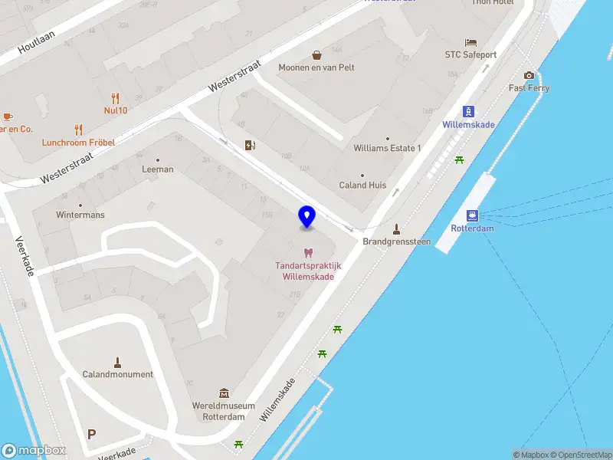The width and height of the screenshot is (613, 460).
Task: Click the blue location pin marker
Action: click(x=306, y=217)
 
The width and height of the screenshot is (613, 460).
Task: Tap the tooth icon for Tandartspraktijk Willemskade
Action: click(x=308, y=252)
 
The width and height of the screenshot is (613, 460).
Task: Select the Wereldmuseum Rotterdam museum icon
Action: click(x=224, y=393)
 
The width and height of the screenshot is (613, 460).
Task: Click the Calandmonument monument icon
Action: click(x=118, y=362)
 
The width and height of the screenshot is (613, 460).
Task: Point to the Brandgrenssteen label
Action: click(x=396, y=242)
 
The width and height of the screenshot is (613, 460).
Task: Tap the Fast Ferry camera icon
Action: click(x=529, y=75)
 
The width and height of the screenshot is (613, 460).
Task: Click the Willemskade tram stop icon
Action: click(x=468, y=111)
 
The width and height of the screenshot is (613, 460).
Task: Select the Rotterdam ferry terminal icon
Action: click(x=472, y=215)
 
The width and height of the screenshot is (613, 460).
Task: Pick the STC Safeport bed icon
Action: click(x=470, y=42)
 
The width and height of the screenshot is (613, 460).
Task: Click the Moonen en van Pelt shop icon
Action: click(x=316, y=55)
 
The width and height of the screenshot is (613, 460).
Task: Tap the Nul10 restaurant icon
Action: click(x=115, y=97)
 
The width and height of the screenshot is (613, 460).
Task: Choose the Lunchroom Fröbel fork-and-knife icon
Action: click(x=78, y=130)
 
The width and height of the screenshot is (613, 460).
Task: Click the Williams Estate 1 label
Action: click(x=387, y=148)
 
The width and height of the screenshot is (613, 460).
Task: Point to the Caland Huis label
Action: click(x=362, y=185)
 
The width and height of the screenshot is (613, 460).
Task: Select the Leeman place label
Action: click(x=158, y=169)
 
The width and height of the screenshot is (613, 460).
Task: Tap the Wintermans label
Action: click(x=80, y=215)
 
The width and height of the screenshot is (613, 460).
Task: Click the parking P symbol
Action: click(x=92, y=434)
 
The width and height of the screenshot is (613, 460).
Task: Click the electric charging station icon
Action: click(x=249, y=145)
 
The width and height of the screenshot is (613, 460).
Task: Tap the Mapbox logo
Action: click(x=33, y=451)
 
